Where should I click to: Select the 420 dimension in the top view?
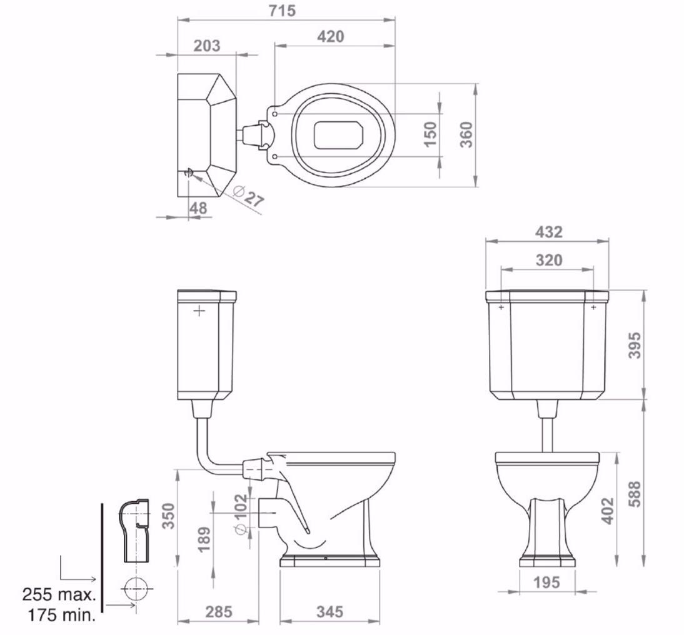pyautogui.click(x=330, y=36)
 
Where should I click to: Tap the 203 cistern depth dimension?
pyautogui.click(x=207, y=46)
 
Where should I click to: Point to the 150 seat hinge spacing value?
pyautogui.click(x=430, y=134)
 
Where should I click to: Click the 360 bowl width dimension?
pyautogui.click(x=466, y=134)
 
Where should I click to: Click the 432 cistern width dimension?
pyautogui.click(x=549, y=231)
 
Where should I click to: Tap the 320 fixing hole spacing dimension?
pyautogui.click(x=549, y=259)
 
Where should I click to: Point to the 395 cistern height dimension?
pyautogui.click(x=634, y=345)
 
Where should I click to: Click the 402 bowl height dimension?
pyautogui.click(x=607, y=510)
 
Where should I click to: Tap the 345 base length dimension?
pyautogui.click(x=329, y=611)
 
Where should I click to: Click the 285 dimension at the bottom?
pyautogui.click(x=218, y=611)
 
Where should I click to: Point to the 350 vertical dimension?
pyautogui.click(x=168, y=516)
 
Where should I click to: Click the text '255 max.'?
pyautogui.click(x=59, y=593)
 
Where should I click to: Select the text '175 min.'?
pyautogui.click(x=61, y=615)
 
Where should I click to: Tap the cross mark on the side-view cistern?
pyautogui.click(x=199, y=311)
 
